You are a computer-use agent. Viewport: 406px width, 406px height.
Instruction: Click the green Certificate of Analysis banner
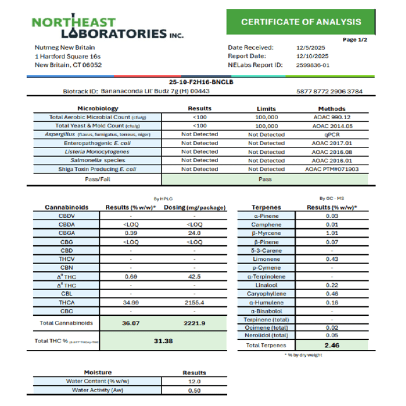[301, 22]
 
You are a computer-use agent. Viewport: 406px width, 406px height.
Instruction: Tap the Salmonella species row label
[106, 160]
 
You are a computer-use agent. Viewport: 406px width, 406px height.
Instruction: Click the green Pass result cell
[266, 179]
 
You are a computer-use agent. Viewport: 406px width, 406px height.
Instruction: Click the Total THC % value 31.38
[163, 341]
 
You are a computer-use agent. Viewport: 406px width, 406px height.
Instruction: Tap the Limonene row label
[270, 259]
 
